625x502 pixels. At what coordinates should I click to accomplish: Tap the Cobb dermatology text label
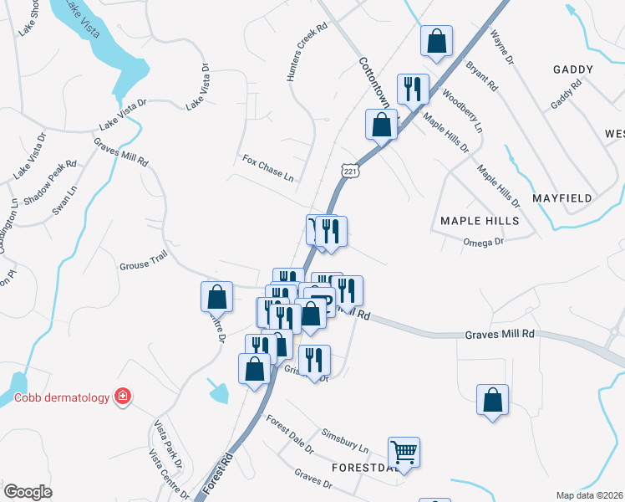(x=62, y=397)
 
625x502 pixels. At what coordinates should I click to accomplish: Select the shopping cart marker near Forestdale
(x=404, y=453)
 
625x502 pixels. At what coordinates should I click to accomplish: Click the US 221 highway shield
(x=350, y=171)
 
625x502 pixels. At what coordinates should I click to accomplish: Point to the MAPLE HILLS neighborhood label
(x=480, y=221)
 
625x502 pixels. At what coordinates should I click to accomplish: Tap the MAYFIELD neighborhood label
(x=561, y=198)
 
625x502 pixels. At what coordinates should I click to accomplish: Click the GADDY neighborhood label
(x=573, y=70)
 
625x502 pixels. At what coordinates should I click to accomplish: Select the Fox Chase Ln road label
(x=268, y=167)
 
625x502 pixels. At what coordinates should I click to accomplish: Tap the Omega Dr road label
(x=485, y=242)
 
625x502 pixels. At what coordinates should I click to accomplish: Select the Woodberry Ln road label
(x=462, y=110)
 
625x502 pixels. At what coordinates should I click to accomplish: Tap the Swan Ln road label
(x=64, y=202)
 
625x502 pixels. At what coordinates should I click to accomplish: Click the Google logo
(x=28, y=492)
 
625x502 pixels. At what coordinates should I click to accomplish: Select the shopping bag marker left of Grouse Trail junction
(x=216, y=297)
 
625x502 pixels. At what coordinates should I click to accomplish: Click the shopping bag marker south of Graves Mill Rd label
(x=493, y=399)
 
